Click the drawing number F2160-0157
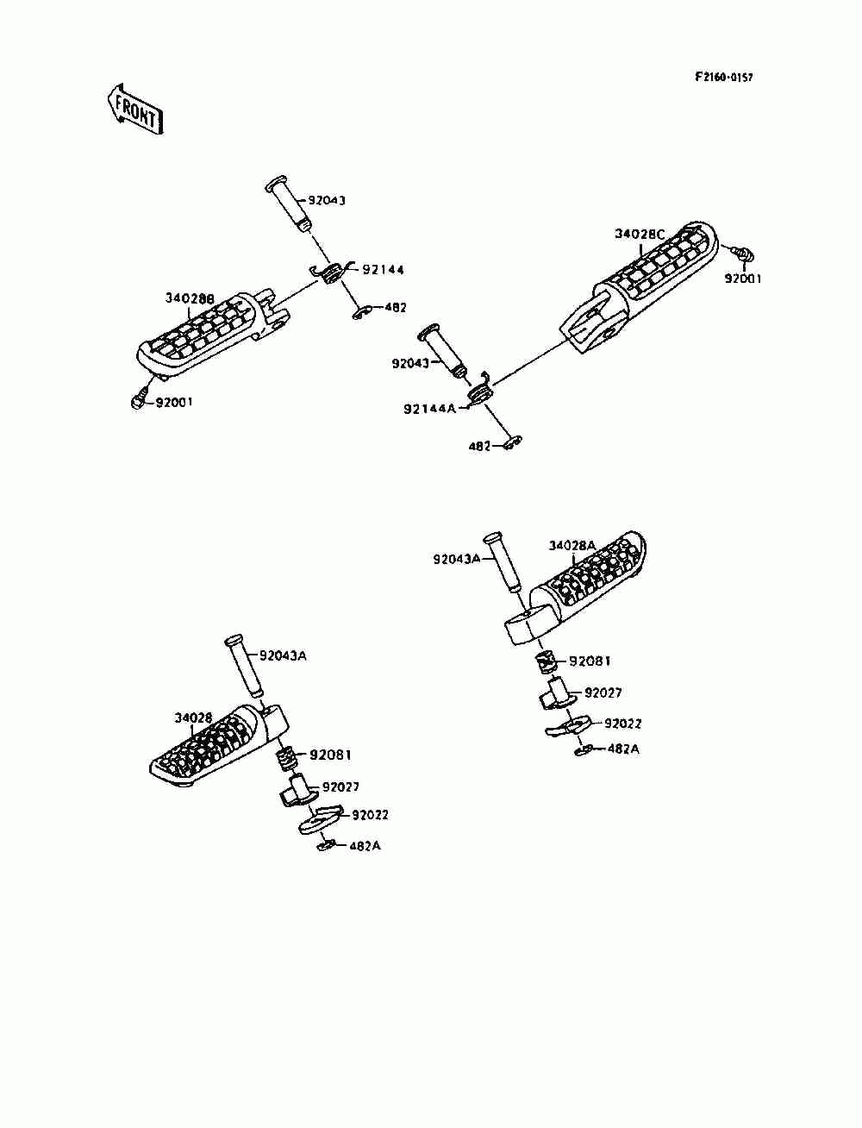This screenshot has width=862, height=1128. click(724, 78)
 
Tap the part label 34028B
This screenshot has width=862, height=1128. click(190, 298)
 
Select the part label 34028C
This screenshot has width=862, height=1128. click(640, 234)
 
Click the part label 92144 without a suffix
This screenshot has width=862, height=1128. click(383, 269)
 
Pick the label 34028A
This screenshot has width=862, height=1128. click(572, 545)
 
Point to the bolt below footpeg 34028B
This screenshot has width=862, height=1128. click(138, 401)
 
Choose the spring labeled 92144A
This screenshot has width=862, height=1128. click(479, 392)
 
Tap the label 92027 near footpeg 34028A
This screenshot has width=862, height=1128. click(603, 692)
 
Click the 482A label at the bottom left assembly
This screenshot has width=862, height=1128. click(365, 846)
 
